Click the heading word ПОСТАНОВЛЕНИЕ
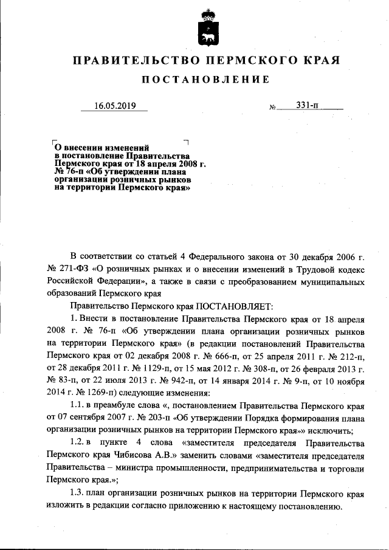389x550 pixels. click(x=205, y=80)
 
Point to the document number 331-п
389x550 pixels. click(x=308, y=105)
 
